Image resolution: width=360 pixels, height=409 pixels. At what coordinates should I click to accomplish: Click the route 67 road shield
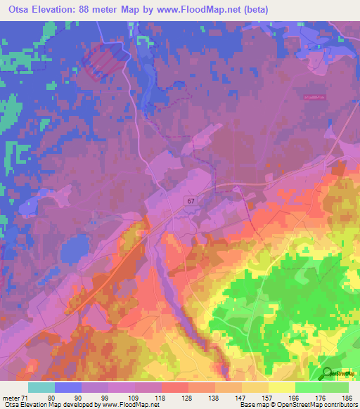click(191, 201)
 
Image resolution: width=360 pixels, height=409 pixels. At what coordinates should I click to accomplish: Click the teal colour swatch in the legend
click(41, 387)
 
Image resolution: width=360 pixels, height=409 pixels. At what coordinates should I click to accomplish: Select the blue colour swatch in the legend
click(67, 387)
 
